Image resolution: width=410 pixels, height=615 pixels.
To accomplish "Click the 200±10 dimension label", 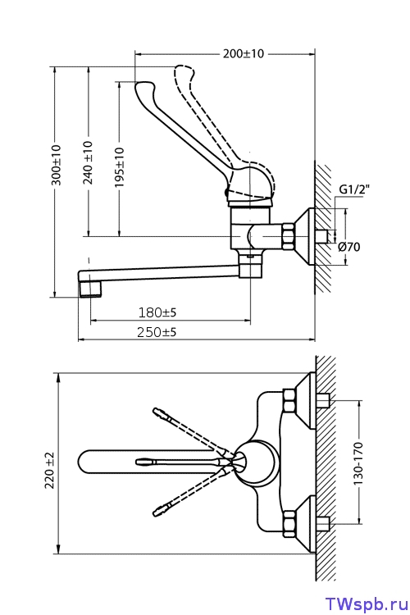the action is click(244, 53).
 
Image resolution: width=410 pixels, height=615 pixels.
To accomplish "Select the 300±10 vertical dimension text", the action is click(57, 165).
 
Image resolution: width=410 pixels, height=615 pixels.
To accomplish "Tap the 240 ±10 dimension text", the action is click(89, 162).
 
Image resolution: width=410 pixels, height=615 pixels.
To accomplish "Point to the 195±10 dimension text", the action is click(119, 166).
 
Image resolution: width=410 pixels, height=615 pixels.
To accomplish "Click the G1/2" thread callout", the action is click(354, 190).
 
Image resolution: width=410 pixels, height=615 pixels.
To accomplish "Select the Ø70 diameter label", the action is click(348, 247).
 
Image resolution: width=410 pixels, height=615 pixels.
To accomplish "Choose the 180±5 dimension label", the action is click(157, 312).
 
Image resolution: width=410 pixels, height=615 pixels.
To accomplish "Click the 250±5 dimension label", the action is click(157, 332).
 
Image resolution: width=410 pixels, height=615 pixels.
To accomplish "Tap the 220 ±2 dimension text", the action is click(50, 470).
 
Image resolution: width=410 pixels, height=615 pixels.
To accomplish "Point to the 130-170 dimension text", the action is click(358, 463).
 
